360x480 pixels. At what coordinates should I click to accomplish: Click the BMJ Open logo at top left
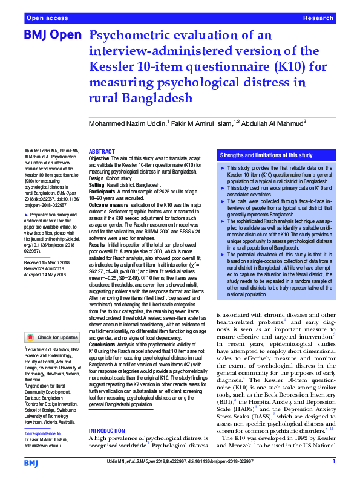pos(52,35)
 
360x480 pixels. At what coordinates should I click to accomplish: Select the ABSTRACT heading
pos(102,151)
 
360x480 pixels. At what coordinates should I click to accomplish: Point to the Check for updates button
pos(53,337)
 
